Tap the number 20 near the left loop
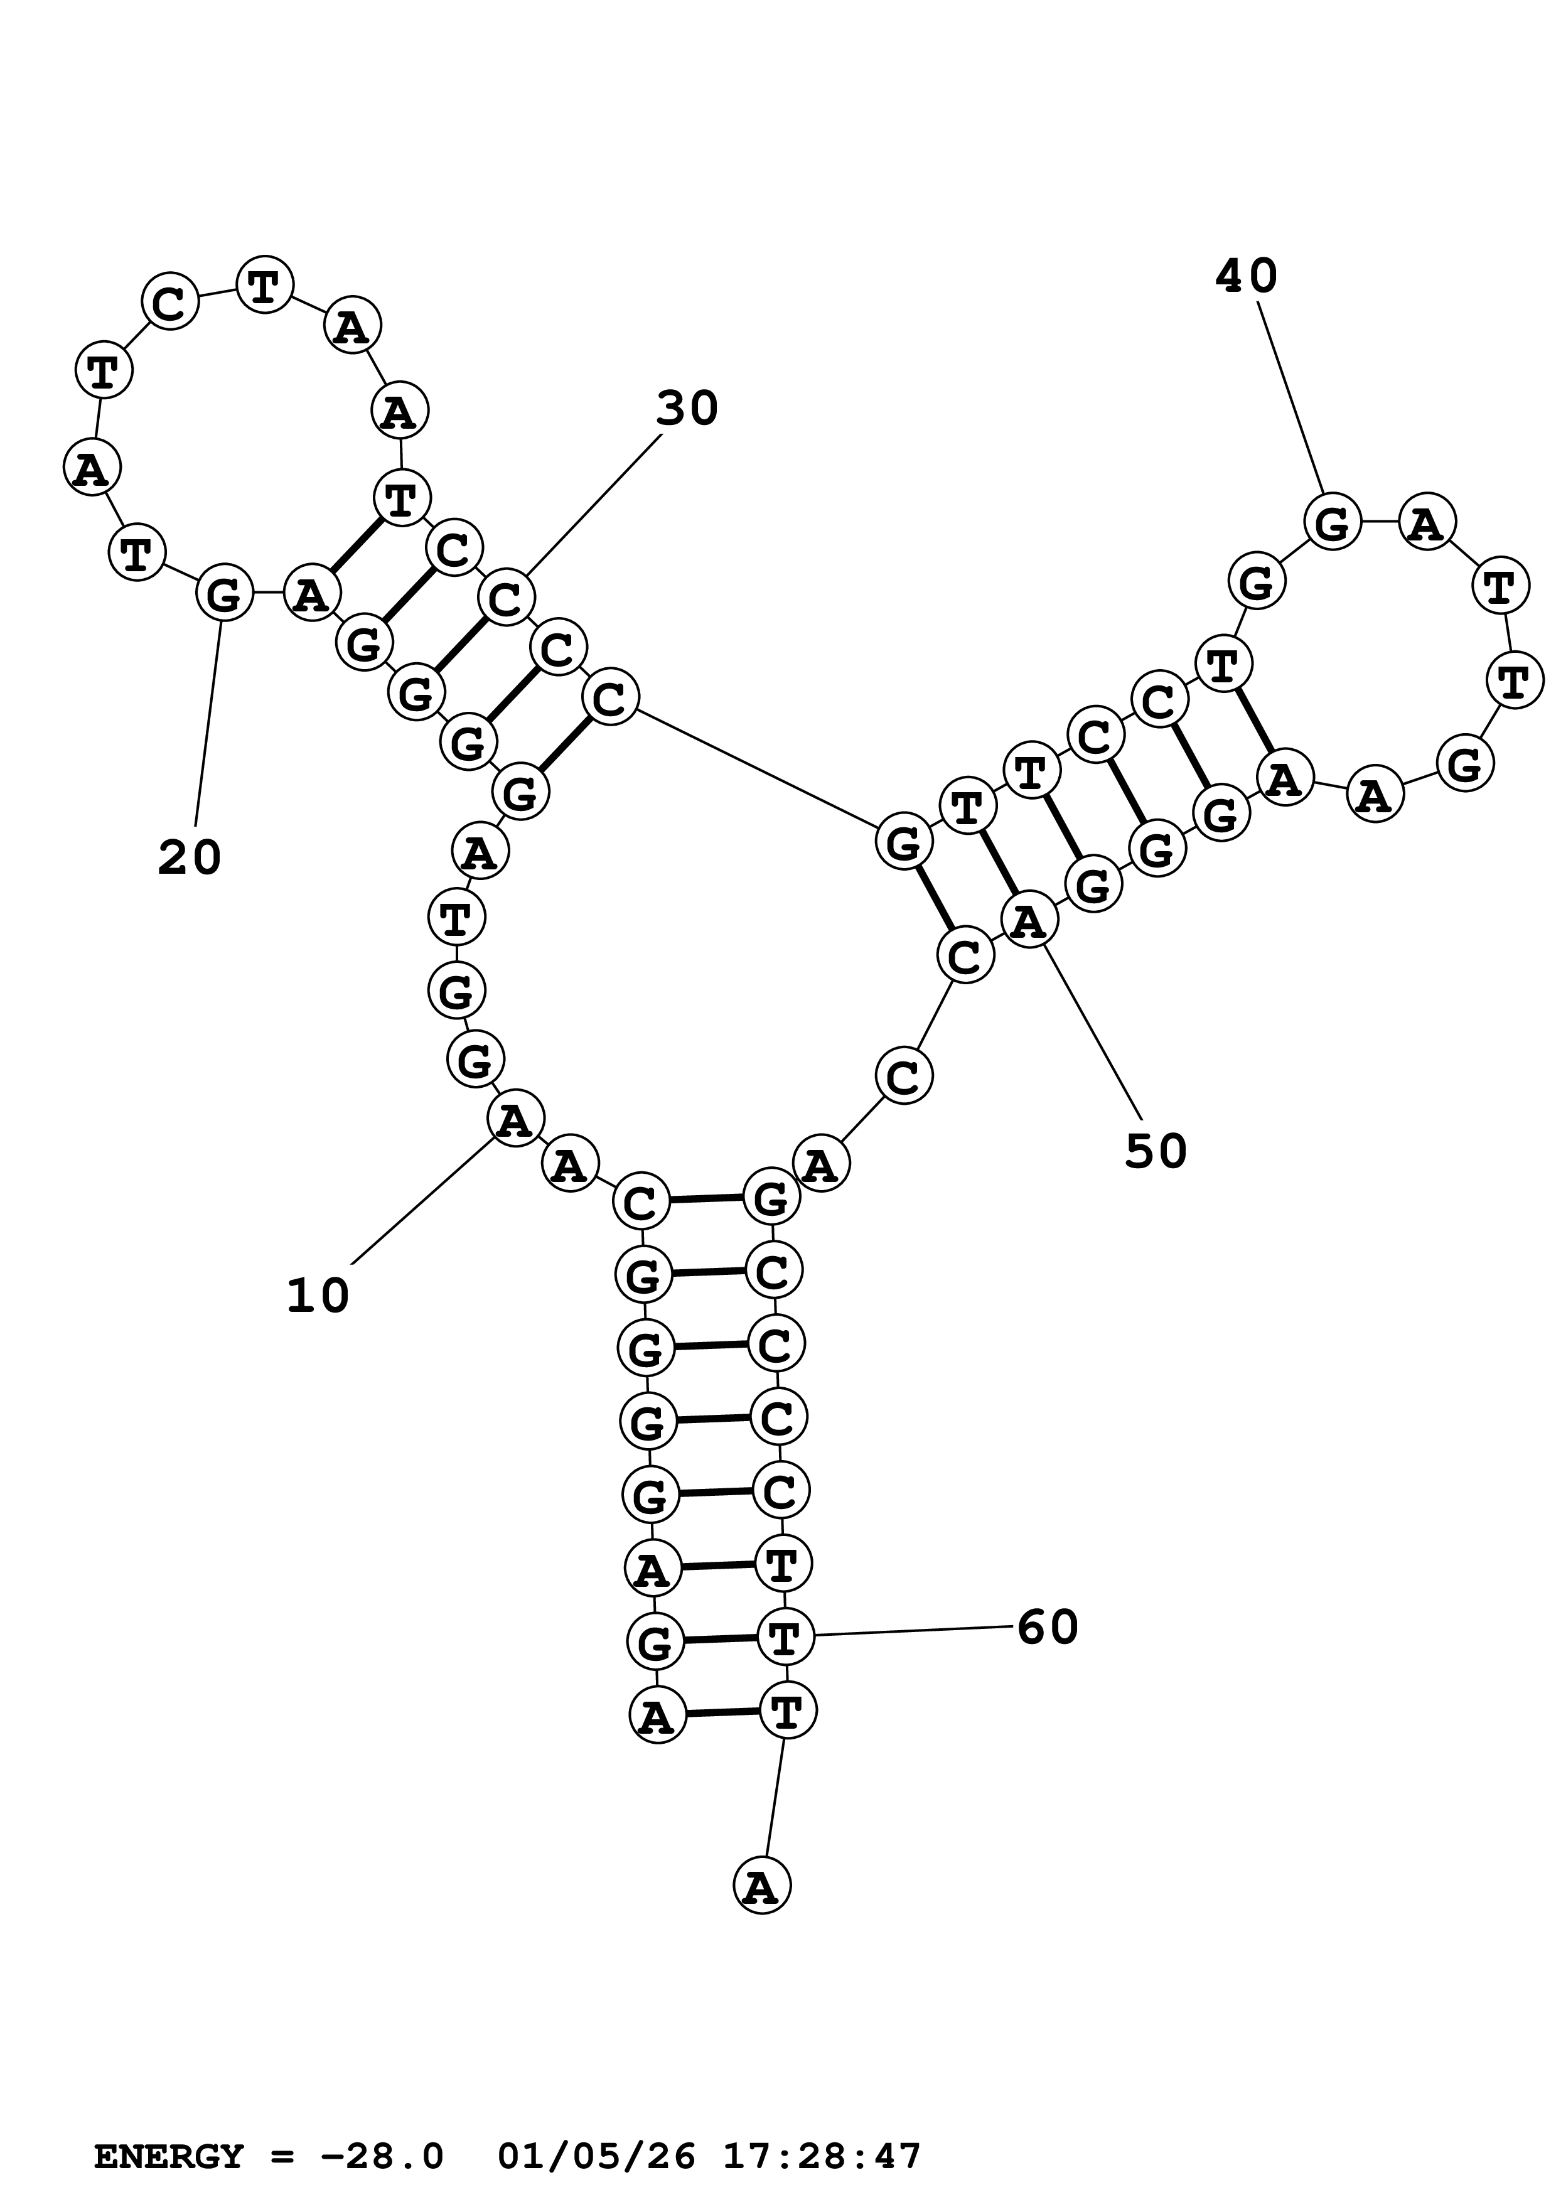click(x=189, y=857)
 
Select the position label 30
click(x=687, y=409)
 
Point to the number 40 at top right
click(x=1247, y=276)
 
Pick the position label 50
click(x=1156, y=1151)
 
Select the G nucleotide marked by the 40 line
click(x=1333, y=523)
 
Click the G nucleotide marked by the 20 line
click(x=224, y=594)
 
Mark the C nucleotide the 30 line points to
click(x=505, y=598)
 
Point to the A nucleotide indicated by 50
click(x=1029, y=921)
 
